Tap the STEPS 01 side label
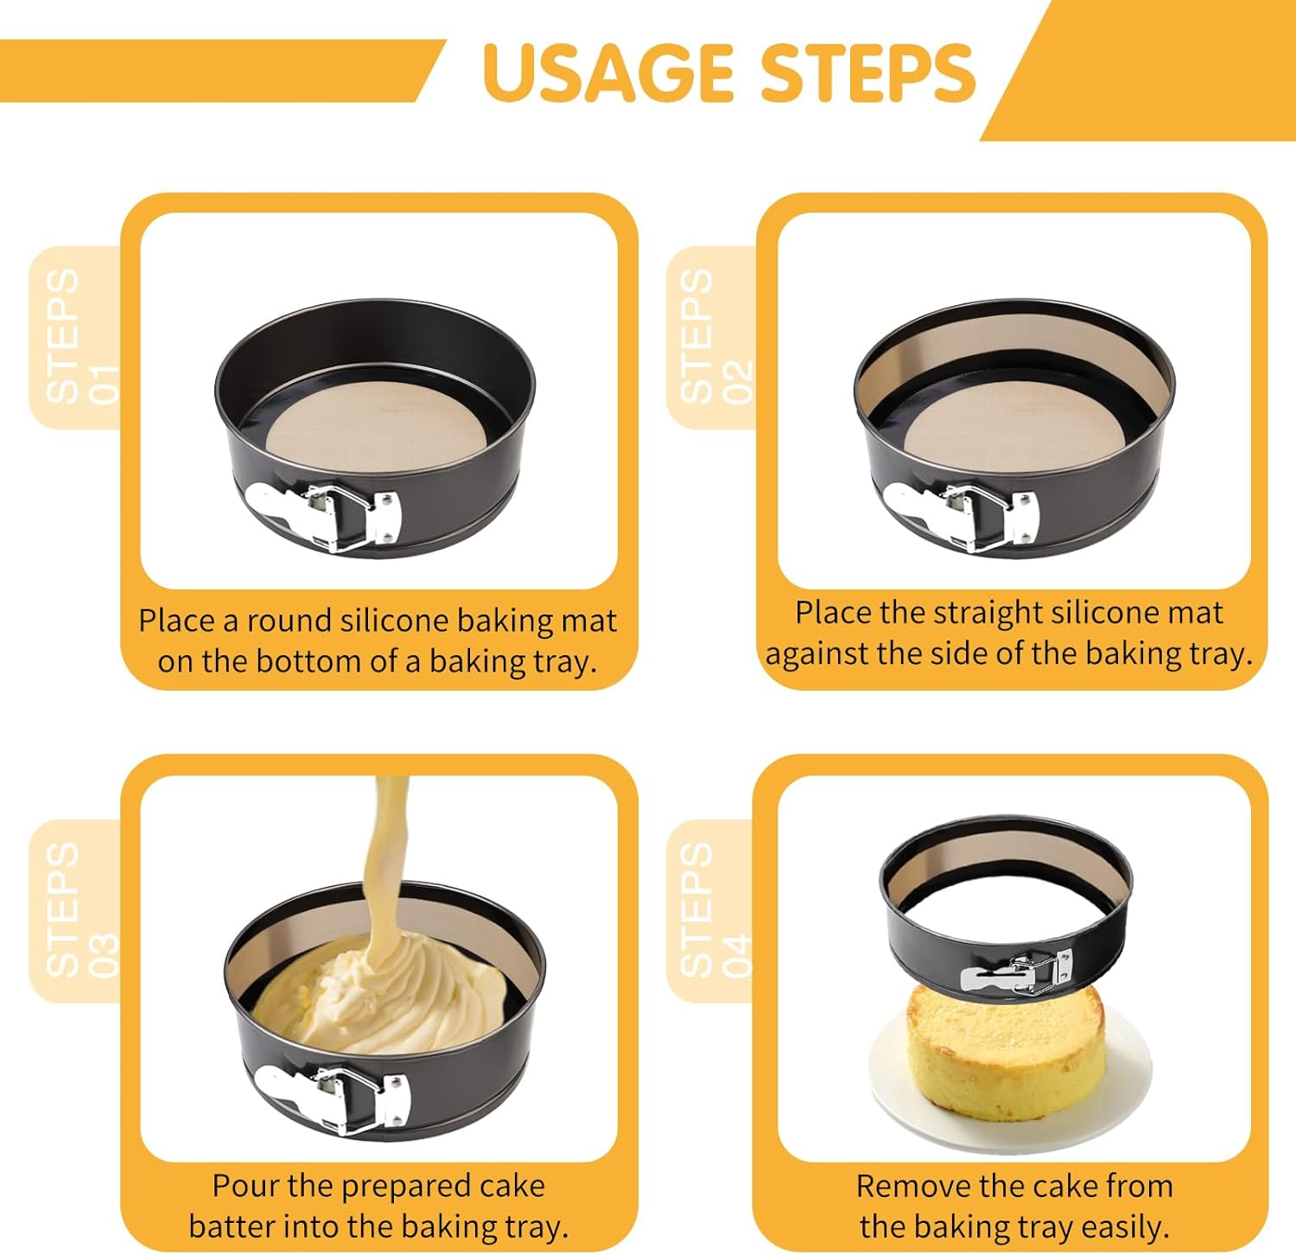pyautogui.click(x=80, y=336)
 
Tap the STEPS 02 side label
pyautogui.click(x=715, y=336)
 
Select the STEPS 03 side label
pyautogui.click(x=80, y=909)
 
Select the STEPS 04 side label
pyautogui.click(x=715, y=909)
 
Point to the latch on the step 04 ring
pyautogui.click(x=1016, y=973)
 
